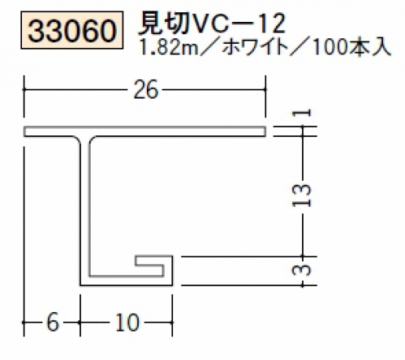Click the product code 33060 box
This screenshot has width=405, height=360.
point(72,30)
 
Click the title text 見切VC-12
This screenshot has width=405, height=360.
point(212,24)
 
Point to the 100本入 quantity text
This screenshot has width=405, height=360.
point(350,48)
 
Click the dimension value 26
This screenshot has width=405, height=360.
point(145,90)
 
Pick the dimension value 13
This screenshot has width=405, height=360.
point(302,195)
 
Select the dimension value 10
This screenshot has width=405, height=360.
point(127,323)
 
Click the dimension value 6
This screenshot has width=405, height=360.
point(53,323)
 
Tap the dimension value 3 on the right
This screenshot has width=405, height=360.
point(302,271)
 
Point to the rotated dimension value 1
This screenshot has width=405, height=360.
point(302,113)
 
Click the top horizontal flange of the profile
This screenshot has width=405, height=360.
point(144,131)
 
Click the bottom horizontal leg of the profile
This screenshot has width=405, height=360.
point(127,281)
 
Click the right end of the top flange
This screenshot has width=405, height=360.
point(265,131)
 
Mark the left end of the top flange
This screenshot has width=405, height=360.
point(24,131)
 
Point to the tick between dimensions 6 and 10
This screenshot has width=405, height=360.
point(80,323)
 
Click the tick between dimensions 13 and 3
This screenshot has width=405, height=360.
point(303,256)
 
